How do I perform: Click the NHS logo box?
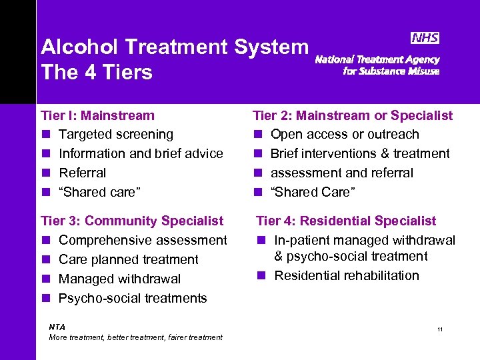coord(425,39)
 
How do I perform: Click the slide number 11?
coord(440,330)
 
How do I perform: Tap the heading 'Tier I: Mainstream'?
coord(97,115)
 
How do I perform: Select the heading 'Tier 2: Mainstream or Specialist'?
coord(353,115)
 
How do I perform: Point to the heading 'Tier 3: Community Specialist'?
coord(132,221)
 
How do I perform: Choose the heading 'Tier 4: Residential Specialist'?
coord(346,221)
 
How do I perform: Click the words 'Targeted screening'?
coord(116,134)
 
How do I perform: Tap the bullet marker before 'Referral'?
coord(45,173)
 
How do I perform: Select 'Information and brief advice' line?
coord(141,153)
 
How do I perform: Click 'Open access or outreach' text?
coord(345,134)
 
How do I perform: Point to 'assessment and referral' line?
coord(341,173)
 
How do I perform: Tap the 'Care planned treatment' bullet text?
coord(129,259)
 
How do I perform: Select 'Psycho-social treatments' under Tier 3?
coord(133,298)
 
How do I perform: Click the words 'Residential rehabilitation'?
coord(347,275)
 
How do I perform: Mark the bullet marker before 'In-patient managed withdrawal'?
coord(261,241)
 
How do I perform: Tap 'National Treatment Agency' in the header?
coord(377,59)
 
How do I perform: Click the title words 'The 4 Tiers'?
coord(97,72)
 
